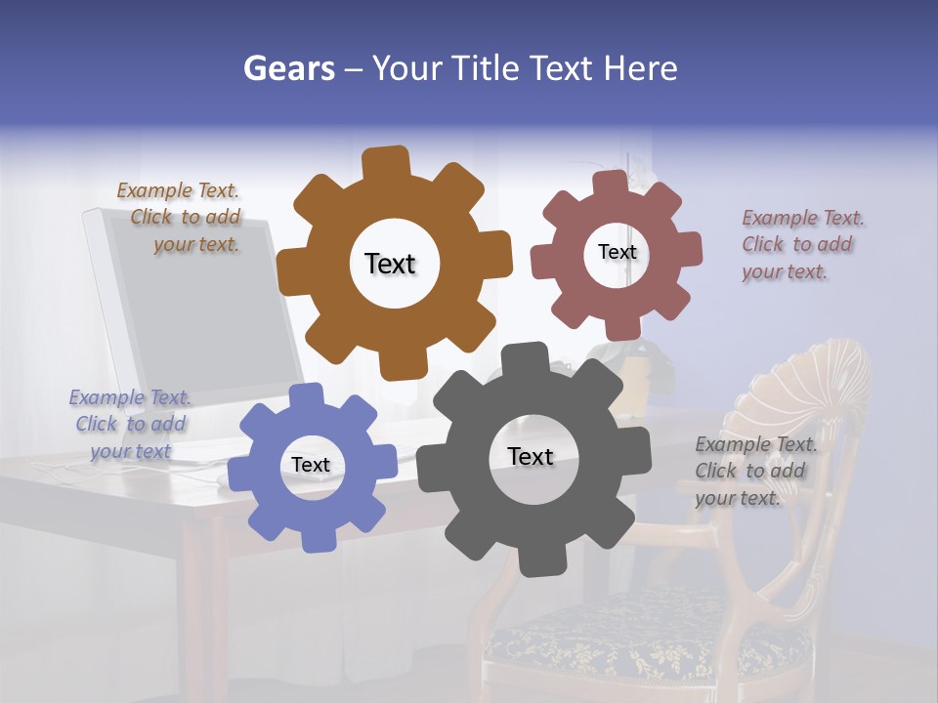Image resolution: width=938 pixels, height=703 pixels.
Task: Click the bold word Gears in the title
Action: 289,68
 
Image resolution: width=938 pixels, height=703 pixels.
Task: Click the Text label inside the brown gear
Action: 390,264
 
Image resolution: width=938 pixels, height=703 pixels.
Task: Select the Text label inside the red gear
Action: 617,252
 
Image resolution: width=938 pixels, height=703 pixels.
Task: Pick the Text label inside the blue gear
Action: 311,466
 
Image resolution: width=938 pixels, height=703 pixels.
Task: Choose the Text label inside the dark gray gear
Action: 531,457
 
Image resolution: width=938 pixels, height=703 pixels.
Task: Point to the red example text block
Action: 801,245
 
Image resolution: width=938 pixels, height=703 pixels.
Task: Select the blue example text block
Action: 130,425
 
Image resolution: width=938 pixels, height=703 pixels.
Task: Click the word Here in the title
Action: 641,68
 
